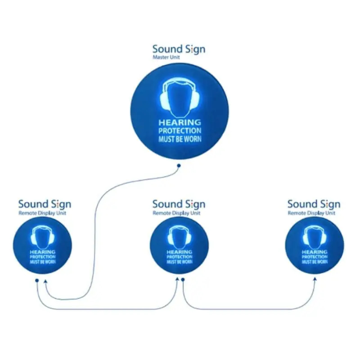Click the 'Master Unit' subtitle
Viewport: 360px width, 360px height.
pyautogui.click(x=166, y=57)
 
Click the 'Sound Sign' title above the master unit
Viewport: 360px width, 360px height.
pyautogui.click(x=179, y=49)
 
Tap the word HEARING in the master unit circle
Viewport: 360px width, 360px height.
pyautogui.click(x=180, y=122)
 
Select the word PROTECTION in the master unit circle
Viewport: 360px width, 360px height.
pyautogui.click(x=180, y=131)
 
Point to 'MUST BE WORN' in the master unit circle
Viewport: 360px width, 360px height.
pyautogui.click(x=180, y=139)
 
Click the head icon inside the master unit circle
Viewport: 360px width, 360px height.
pyautogui.click(x=180, y=97)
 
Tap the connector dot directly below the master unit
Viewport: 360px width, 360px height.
pyautogui.click(x=179, y=166)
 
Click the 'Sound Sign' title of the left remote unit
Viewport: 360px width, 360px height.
pyautogui.click(x=45, y=204)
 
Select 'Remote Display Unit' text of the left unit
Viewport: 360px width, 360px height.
pyautogui.click(x=42, y=213)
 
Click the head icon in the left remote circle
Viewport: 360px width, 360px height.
pyautogui.click(x=43, y=238)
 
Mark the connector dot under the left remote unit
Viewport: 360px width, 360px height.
pyautogui.click(x=37, y=281)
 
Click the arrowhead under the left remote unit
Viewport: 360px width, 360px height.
pyautogui.click(x=45, y=281)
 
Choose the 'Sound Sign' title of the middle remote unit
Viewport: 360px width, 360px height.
pyautogui.click(x=179, y=204)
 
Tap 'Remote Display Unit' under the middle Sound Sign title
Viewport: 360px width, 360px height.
pyautogui.click(x=176, y=213)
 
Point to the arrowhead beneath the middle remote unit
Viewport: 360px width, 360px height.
pyautogui.click(x=177, y=279)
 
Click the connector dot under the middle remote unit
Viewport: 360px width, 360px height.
pyautogui.click(x=183, y=280)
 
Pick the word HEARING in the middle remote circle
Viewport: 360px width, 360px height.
pyautogui.click(x=179, y=252)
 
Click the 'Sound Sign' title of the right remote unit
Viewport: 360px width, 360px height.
pyautogui.click(x=314, y=204)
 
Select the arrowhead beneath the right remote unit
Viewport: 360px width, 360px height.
pyautogui.click(x=315, y=279)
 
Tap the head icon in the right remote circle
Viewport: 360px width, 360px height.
pyautogui.click(x=315, y=238)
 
